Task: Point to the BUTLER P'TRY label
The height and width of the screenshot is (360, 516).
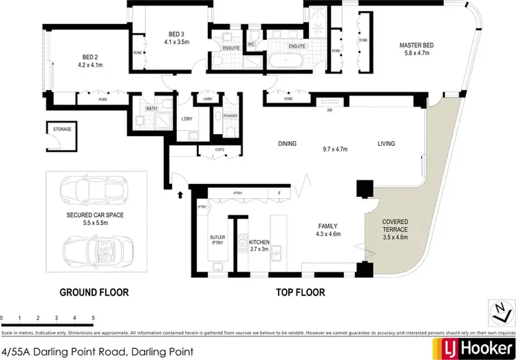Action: pyautogui.click(x=217, y=240)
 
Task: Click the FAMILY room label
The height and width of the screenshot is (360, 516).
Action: pyautogui.click(x=327, y=226)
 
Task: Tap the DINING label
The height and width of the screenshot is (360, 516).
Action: pyautogui.click(x=287, y=144)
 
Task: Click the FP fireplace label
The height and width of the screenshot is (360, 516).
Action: pyautogui.click(x=329, y=110)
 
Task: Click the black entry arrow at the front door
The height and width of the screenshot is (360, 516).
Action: pyautogui.click(x=181, y=195)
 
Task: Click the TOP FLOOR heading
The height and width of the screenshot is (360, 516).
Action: pyautogui.click(x=300, y=293)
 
